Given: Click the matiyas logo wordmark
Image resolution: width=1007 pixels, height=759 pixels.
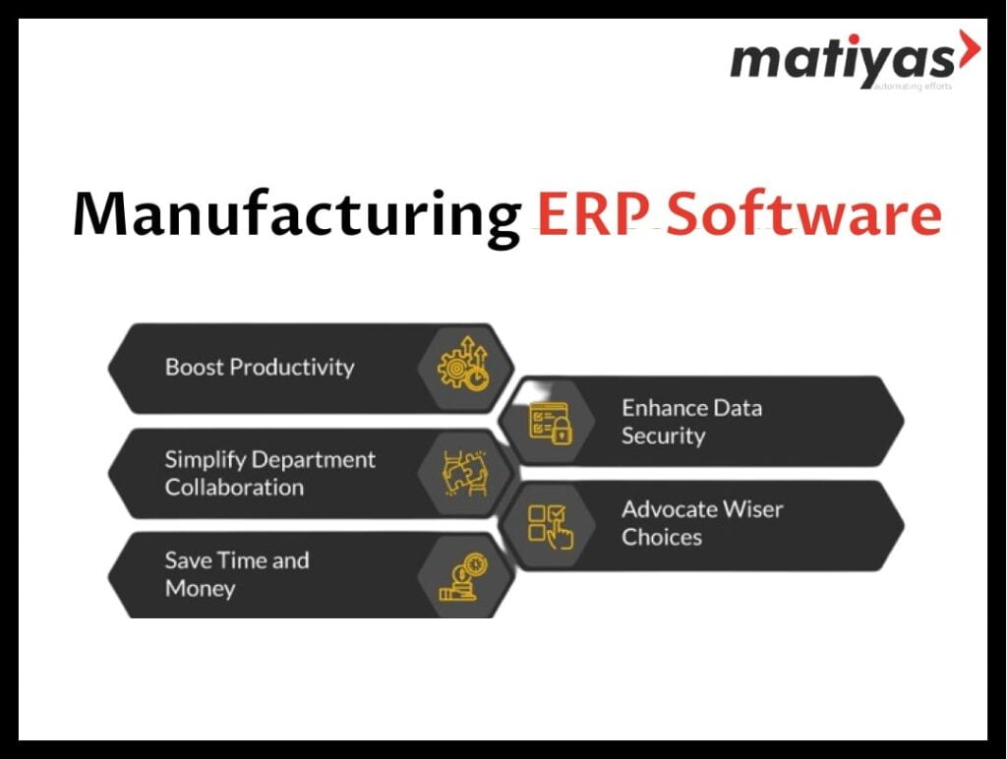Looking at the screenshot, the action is pyautogui.click(x=843, y=62).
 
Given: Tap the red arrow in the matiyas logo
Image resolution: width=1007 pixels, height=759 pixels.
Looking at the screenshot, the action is pyautogui.click(x=970, y=49).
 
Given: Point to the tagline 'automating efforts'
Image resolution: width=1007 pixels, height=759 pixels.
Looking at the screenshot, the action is pyautogui.click(x=913, y=87).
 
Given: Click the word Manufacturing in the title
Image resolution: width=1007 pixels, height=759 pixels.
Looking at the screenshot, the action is pyautogui.click(x=297, y=216).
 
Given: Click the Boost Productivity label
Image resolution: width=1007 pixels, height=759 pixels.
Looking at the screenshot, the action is pyautogui.click(x=260, y=368).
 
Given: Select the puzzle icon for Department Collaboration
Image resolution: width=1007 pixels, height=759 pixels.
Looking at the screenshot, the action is pyautogui.click(x=465, y=473).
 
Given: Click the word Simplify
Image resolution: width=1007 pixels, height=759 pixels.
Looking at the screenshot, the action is pyautogui.click(x=206, y=461).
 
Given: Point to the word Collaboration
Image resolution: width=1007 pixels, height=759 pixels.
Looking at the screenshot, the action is pyautogui.click(x=234, y=488).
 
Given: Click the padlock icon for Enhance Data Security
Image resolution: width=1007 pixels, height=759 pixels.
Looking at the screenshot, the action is pyautogui.click(x=551, y=423).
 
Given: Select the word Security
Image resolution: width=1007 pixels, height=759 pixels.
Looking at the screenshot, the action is pyautogui.click(x=664, y=437).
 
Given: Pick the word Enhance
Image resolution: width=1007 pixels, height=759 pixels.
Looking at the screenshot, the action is pyautogui.click(x=666, y=408).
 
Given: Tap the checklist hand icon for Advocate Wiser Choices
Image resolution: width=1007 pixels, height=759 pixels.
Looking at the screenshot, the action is pyautogui.click(x=551, y=527).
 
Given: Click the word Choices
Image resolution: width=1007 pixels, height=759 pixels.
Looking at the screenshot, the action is pyautogui.click(x=662, y=537).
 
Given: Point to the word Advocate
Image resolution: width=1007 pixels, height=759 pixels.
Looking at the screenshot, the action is pyautogui.click(x=668, y=509).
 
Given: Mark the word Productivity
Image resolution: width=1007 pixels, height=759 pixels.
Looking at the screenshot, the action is pyautogui.click(x=292, y=368).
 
